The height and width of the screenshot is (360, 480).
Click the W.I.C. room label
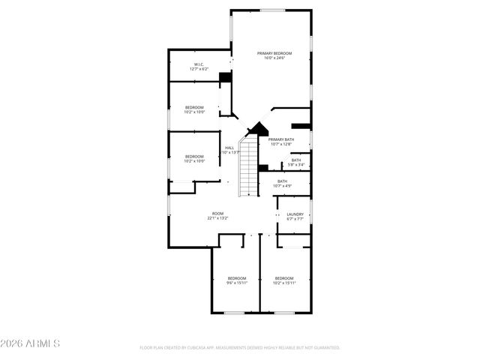click(199, 64)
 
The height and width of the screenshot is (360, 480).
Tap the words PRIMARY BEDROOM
click(274, 53)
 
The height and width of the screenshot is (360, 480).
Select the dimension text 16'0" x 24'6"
click(274, 58)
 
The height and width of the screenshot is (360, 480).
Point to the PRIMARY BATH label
click(281, 139)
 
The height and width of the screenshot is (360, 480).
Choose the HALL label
click(229, 148)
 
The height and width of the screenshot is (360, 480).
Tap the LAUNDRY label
click(295, 214)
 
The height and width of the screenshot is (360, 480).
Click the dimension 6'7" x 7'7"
click(295, 220)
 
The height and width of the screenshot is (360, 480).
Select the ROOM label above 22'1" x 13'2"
click(217, 214)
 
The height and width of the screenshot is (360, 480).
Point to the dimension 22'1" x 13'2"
click(217, 219)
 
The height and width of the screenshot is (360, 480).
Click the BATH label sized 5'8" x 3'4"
click(296, 160)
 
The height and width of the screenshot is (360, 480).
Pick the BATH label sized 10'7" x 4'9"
click(282, 181)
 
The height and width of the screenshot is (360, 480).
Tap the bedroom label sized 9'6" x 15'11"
click(237, 278)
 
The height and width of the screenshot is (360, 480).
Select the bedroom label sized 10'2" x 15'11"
click(285, 278)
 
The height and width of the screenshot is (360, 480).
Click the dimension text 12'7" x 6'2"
click(199, 70)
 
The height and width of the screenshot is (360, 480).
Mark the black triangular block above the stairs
click(258, 129)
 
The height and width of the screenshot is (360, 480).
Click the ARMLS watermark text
click(31, 343)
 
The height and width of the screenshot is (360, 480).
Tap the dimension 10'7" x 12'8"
click(281, 145)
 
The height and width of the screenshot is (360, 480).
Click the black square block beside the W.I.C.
click(224, 76)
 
